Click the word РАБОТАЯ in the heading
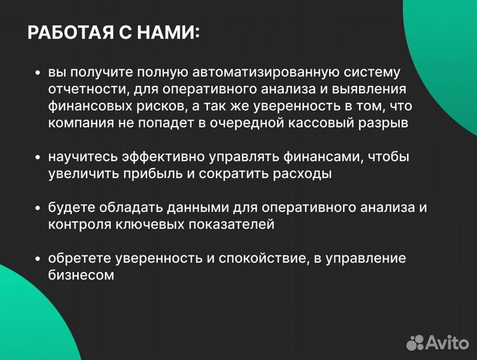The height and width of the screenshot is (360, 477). [x=67, y=33]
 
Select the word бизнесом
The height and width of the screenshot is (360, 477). [x=81, y=275]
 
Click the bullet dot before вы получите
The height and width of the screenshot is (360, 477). [x=38, y=73]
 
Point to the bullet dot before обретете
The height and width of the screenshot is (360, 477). [x=38, y=259]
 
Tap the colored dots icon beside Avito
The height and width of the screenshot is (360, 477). [x=416, y=342]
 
